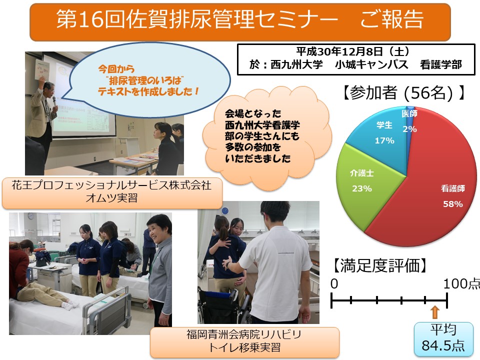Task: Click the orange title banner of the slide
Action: (x=240, y=22)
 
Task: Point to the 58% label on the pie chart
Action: (x=453, y=204)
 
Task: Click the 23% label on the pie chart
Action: (x=362, y=188)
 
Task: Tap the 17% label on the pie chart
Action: (x=384, y=140)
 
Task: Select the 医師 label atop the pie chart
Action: (x=409, y=113)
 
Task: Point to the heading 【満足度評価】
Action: (x=379, y=265)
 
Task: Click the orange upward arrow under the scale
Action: (x=435, y=312)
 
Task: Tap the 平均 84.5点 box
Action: (x=443, y=339)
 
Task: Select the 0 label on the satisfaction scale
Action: (x=334, y=284)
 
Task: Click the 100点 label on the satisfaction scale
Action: (x=461, y=284)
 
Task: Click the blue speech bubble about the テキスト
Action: (x=150, y=80)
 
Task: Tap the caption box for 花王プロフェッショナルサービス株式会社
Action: (x=112, y=192)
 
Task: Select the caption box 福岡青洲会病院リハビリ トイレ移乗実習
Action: (x=244, y=342)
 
